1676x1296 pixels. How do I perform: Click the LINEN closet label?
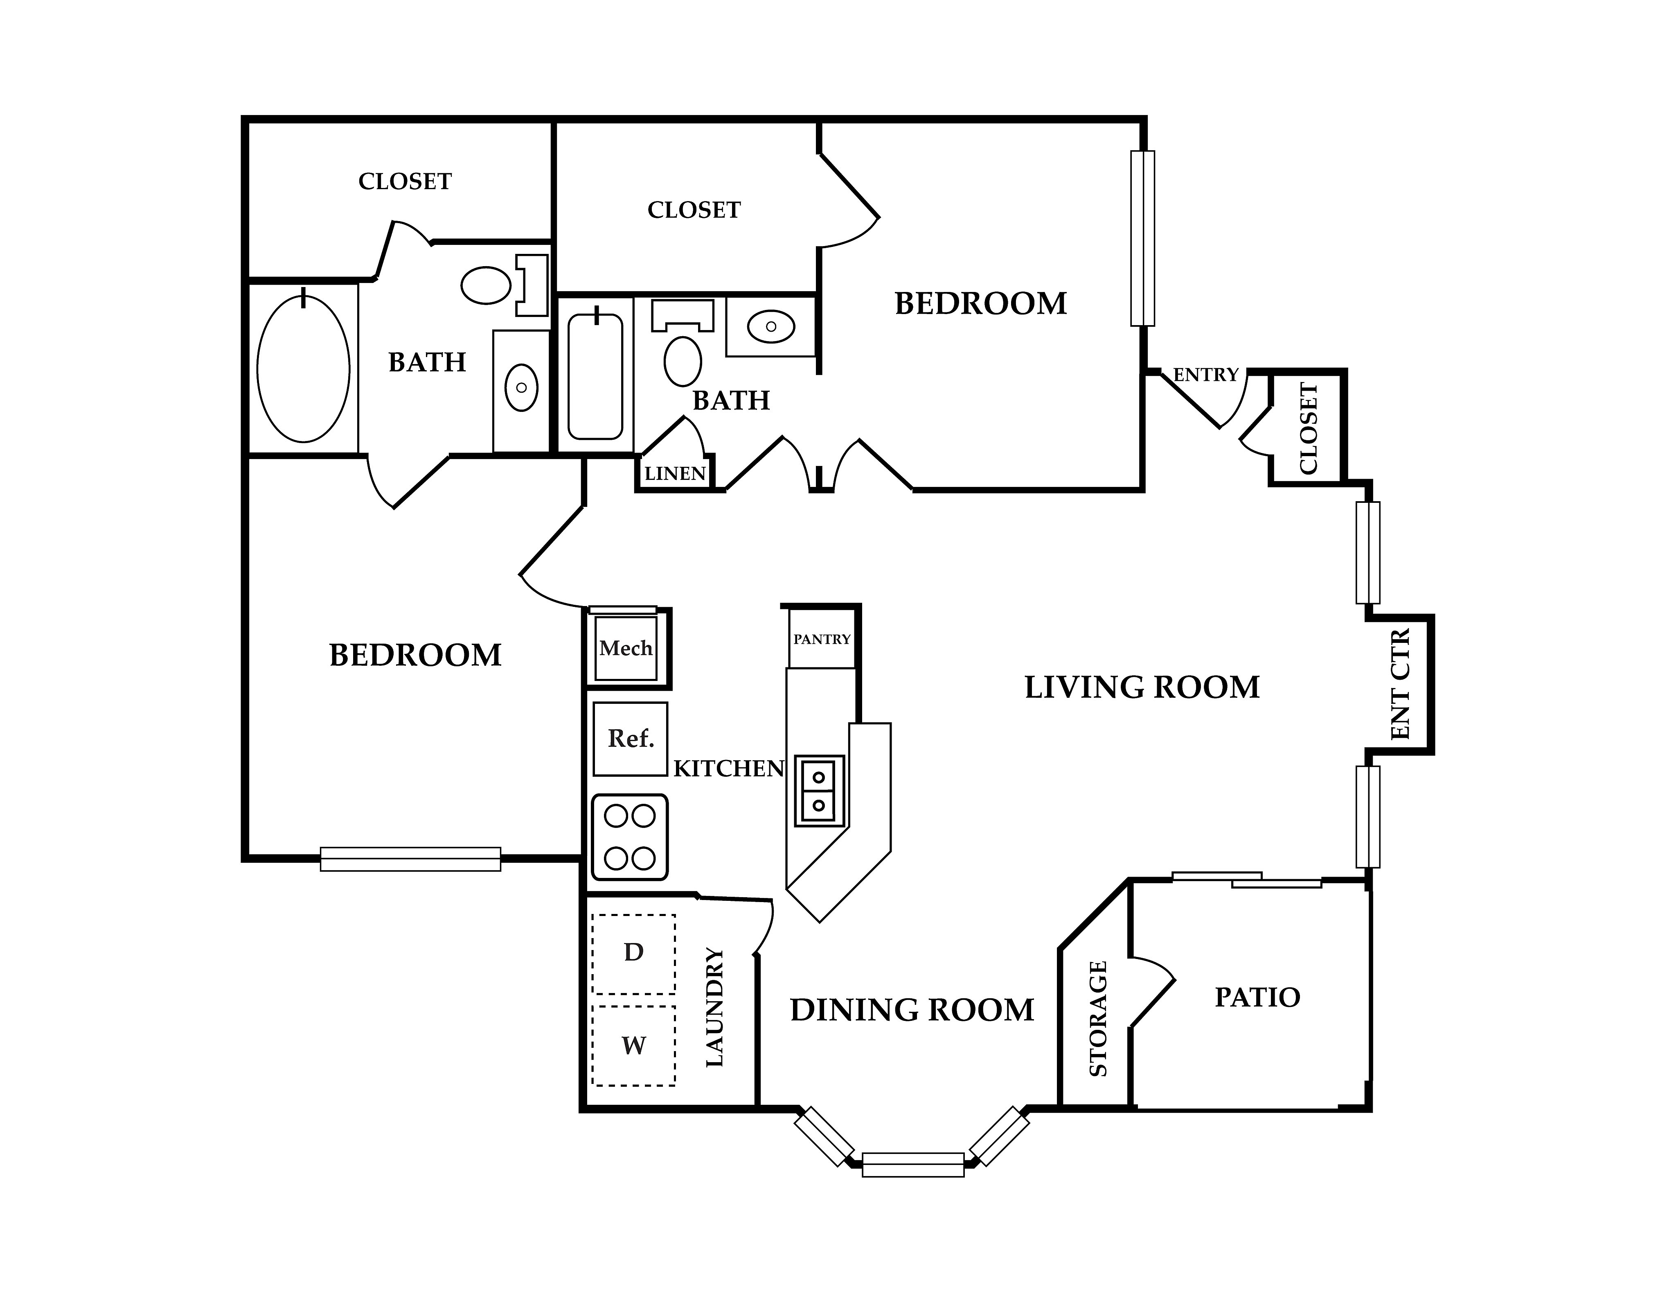tap(675, 474)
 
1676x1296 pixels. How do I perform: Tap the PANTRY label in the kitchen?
tap(822, 639)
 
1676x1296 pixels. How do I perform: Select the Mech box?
tap(626, 648)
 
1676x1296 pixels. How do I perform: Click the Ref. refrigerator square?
tap(630, 739)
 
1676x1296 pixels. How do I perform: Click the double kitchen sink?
tap(819, 791)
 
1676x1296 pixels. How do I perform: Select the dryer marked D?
tap(634, 954)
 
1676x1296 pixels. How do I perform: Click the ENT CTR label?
tap(1401, 684)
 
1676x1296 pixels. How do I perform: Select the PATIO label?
tap(1257, 997)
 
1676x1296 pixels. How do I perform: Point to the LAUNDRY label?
tap(714, 1007)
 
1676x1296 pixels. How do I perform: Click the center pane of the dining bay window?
tap(913, 1165)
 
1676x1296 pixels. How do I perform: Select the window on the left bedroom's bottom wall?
tap(410, 859)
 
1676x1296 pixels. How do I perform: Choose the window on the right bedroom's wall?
tap(1143, 238)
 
